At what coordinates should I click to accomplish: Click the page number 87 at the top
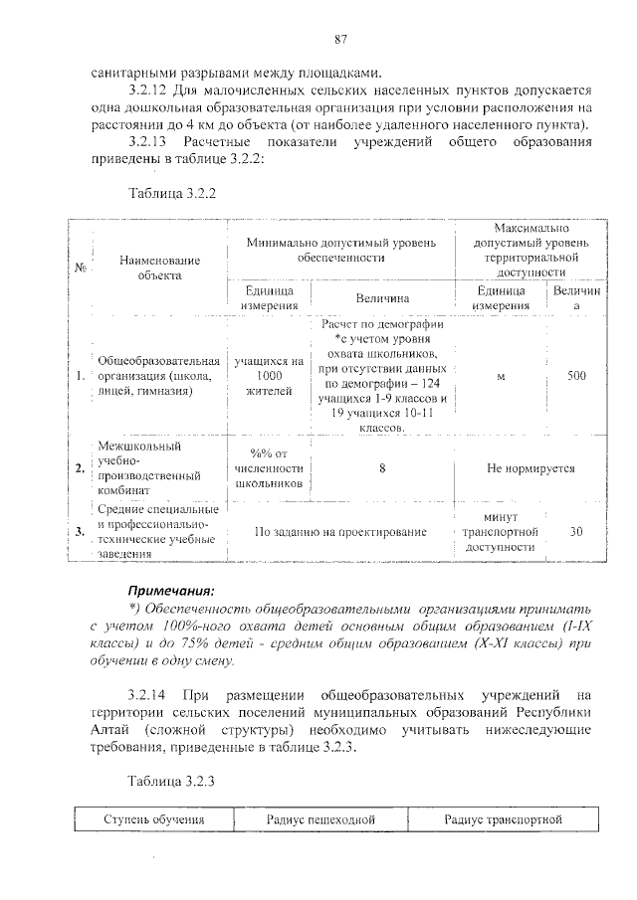pyautogui.click(x=339, y=39)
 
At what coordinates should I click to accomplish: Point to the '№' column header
pyautogui.click(x=79, y=267)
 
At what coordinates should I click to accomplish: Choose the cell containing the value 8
pyautogui.click(x=381, y=467)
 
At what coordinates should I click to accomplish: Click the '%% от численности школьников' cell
pyautogui.click(x=269, y=467)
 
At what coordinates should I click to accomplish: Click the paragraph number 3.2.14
pyautogui.click(x=148, y=692)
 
